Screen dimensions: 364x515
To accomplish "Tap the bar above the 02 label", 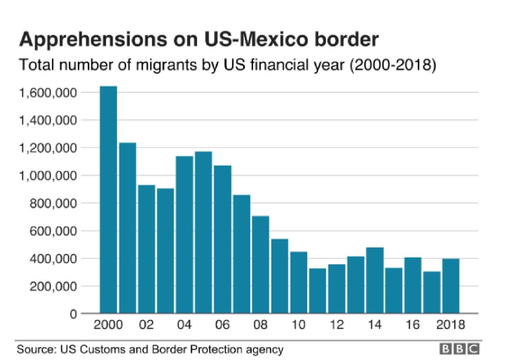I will pos(146,249).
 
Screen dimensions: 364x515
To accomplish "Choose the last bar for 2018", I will pos(451,286).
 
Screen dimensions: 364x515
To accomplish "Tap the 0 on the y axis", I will pos(73,314).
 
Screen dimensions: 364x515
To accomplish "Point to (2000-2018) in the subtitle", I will pos(393,66).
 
